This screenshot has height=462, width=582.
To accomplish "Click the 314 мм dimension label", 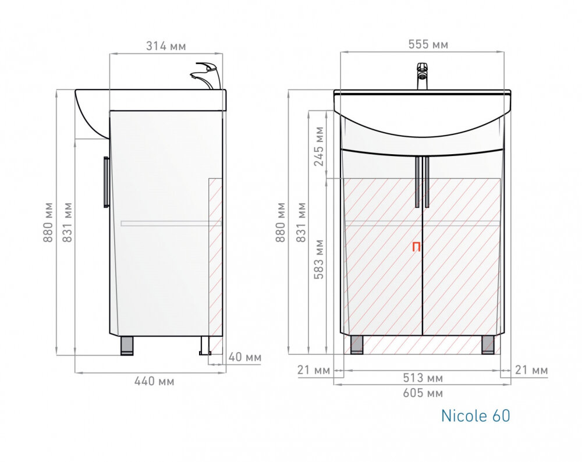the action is (166, 46).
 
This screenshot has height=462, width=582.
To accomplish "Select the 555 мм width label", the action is (428, 45).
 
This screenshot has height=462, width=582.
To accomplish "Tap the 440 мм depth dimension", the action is (154, 381).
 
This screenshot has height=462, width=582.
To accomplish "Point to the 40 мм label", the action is (244, 357).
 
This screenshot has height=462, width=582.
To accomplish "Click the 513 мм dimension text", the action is (423, 378).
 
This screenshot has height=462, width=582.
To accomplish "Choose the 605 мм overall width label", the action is (423, 393).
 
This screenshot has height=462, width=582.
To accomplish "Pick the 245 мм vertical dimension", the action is (319, 146).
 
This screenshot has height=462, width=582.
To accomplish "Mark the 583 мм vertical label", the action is (319, 260).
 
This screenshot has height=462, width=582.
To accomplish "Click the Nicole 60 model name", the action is (475, 415).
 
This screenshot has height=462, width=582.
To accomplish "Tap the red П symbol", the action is (417, 247).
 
